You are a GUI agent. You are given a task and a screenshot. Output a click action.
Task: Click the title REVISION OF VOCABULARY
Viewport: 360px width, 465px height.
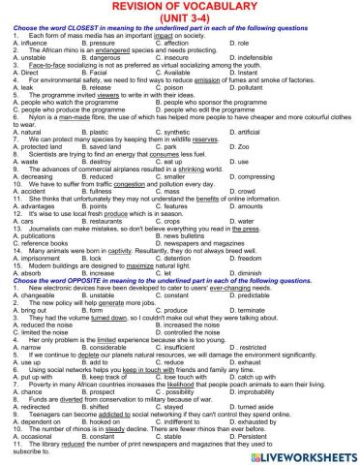pyautogui.click(x=180, y=8)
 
